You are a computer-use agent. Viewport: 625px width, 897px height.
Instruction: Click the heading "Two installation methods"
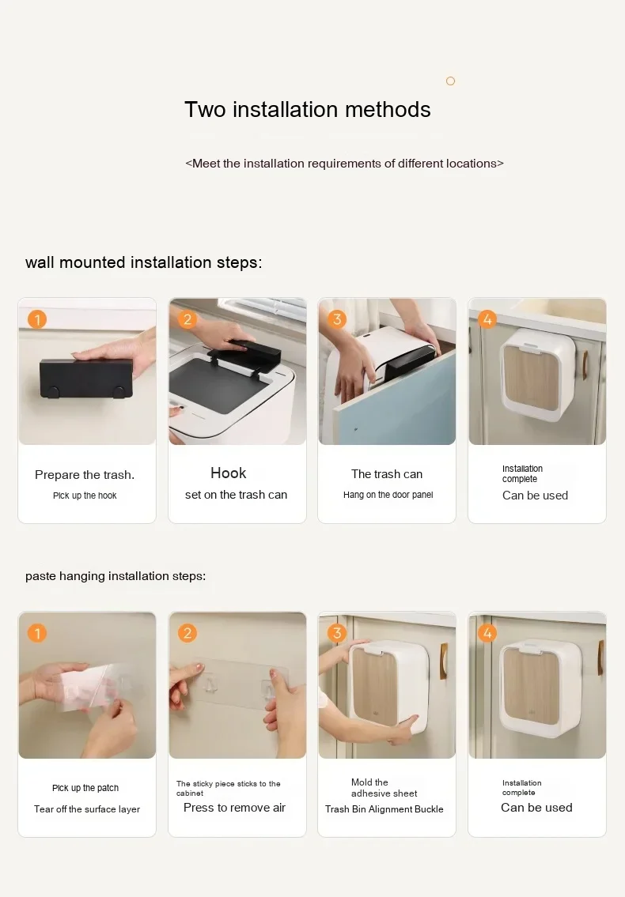coord(308,109)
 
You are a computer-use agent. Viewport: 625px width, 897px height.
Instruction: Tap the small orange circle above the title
coord(450,81)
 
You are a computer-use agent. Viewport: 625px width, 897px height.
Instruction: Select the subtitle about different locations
coord(344,164)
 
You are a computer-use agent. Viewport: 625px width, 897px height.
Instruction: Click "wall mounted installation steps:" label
coord(143,262)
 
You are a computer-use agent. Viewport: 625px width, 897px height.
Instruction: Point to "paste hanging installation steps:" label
coord(116,576)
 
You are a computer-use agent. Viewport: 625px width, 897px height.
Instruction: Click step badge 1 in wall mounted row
coord(37,319)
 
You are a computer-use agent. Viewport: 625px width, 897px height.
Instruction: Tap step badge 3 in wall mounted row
coord(337,319)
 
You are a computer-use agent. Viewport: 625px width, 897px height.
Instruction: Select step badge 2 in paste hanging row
coord(187,633)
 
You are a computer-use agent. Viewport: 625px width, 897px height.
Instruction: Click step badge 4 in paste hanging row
coord(487,633)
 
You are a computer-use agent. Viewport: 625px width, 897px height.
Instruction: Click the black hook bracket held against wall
coord(86,378)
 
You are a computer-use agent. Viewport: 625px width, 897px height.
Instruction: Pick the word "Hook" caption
coord(228,473)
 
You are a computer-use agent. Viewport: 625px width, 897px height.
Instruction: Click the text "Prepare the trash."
coord(85,475)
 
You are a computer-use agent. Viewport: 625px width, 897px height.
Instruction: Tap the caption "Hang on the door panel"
coord(388,495)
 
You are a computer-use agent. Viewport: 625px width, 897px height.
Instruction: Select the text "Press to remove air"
coord(234,808)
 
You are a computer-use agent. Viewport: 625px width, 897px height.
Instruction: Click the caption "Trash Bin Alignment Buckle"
coord(384,809)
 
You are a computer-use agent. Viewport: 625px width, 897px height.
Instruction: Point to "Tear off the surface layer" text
coord(87,809)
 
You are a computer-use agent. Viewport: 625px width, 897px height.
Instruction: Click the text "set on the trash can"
coord(236,495)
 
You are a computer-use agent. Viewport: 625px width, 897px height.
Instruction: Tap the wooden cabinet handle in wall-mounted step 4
coord(585,365)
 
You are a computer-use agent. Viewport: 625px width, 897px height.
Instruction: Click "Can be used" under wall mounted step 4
coord(535,496)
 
